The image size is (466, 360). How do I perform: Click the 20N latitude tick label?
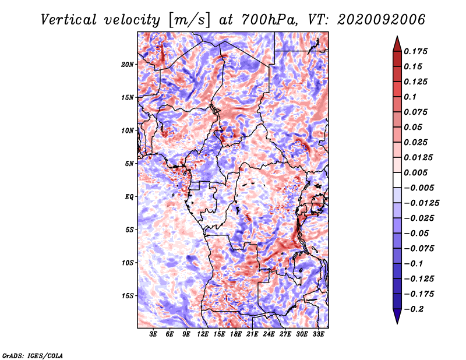(x=128, y=65)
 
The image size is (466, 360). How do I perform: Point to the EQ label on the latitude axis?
(x=129, y=197)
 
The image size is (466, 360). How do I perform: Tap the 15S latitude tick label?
(x=128, y=296)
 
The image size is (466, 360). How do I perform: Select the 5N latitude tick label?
(x=129, y=164)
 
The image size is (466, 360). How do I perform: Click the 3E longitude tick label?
(x=153, y=334)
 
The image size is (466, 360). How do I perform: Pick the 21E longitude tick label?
(x=252, y=334)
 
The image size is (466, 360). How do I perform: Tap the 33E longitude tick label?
(x=318, y=334)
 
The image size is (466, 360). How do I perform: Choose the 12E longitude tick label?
(x=202, y=334)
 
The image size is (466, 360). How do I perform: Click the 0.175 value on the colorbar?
(x=415, y=51)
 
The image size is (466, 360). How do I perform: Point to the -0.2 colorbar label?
(x=414, y=309)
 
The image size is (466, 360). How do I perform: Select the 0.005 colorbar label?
(x=415, y=172)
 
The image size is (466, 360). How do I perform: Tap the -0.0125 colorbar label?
(x=421, y=203)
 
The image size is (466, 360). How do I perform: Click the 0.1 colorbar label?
(x=410, y=97)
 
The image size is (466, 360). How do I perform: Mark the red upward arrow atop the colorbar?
(x=397, y=44)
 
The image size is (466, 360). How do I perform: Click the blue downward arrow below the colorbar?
(x=397, y=316)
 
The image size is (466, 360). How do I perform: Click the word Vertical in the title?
(x=69, y=20)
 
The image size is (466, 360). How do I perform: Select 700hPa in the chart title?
(x=269, y=20)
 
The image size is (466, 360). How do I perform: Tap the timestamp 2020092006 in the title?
(x=381, y=20)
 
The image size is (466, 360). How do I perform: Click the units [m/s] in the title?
(x=189, y=20)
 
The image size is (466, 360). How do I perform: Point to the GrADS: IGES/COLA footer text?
(x=33, y=355)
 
